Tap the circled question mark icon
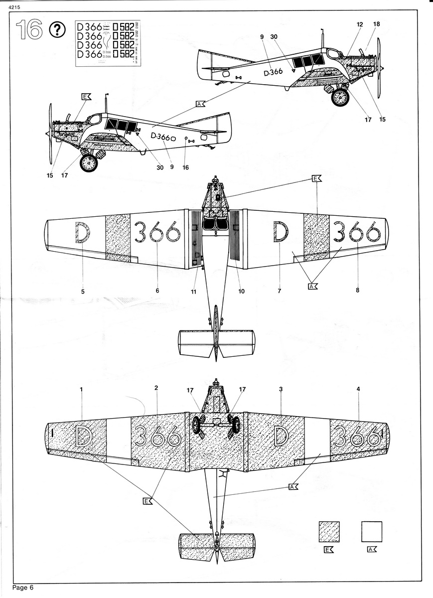(58, 31)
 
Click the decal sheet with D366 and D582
(108, 43)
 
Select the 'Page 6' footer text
(23, 588)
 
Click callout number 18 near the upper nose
(376, 24)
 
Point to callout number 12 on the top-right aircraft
(360, 24)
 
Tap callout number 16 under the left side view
(186, 167)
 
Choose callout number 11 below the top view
(194, 291)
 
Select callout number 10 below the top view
(241, 291)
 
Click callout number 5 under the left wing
(83, 291)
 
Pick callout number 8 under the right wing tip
(357, 290)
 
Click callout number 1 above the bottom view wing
(81, 389)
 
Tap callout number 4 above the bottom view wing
(358, 389)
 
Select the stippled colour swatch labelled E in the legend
(329, 532)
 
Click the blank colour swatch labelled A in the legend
(372, 532)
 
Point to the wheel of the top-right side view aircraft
(341, 97)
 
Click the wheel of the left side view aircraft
(89, 162)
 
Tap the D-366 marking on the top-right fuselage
(272, 72)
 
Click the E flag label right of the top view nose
(316, 178)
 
